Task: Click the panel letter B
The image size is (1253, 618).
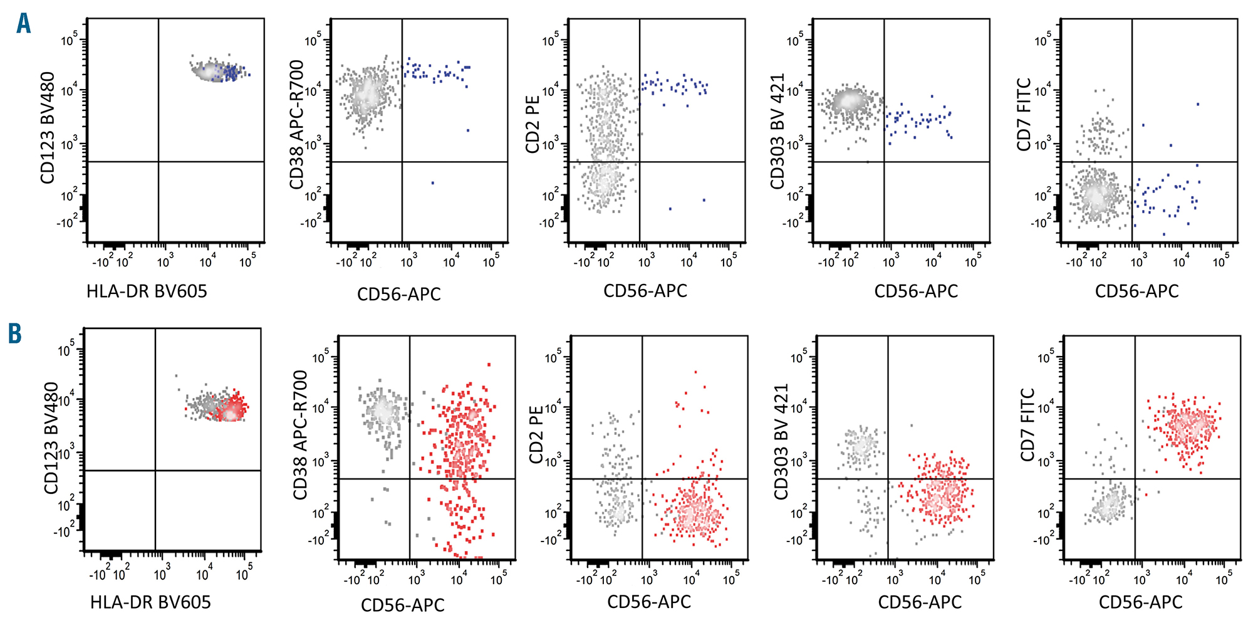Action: point(14,333)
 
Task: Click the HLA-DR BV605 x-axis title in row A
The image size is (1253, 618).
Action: point(147,291)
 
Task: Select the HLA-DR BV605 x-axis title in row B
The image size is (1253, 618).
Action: point(150,602)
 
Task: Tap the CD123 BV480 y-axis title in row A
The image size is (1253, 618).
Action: point(48,128)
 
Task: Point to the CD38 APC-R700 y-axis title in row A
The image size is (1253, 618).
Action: point(296,125)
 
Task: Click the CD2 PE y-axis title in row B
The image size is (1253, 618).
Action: point(536,435)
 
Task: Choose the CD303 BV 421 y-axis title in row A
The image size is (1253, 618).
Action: point(777,132)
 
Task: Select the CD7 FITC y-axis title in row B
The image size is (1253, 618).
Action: point(1027,425)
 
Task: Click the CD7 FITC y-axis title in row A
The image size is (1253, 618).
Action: point(1024,115)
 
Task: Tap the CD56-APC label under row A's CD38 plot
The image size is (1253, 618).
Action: point(399,294)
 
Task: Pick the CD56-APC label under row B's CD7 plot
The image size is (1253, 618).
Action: point(1140,602)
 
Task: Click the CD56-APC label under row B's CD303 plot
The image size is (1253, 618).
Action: point(920,602)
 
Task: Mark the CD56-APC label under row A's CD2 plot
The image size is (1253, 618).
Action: point(645,291)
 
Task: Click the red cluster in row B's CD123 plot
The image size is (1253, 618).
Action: point(232,409)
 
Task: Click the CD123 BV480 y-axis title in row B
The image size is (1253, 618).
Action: point(51,438)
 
